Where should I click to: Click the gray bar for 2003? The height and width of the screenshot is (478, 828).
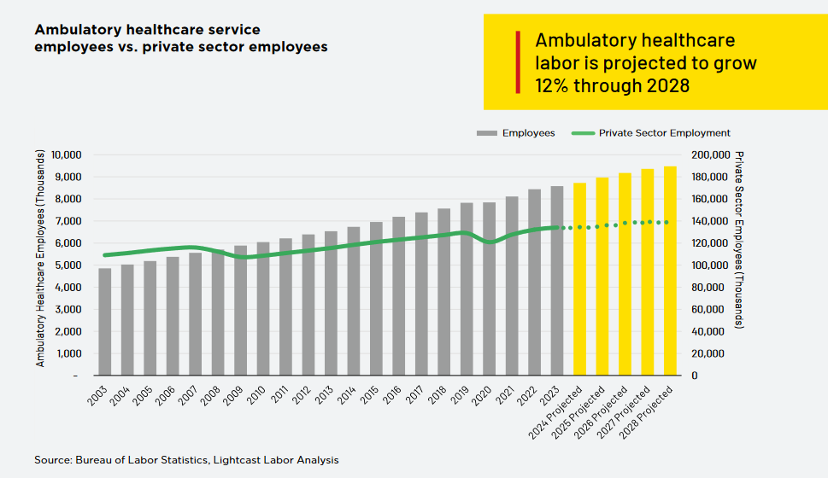pos(105,322)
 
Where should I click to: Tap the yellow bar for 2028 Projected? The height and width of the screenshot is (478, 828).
pos(670,271)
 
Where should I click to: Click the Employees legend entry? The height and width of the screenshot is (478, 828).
pos(516,133)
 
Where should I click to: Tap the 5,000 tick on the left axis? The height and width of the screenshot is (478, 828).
pos(68,265)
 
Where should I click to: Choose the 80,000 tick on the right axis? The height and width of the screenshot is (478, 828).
pos(708,288)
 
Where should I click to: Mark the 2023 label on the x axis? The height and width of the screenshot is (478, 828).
pos(551,397)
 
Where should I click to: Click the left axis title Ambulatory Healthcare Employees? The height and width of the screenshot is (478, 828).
pos(40,257)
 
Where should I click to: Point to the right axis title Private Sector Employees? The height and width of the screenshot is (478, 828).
pos(739,241)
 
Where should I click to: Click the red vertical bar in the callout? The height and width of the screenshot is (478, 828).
pos(518,62)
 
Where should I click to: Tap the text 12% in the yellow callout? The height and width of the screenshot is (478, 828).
pos(552,85)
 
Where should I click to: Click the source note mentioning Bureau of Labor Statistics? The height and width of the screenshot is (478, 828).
pos(186,460)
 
